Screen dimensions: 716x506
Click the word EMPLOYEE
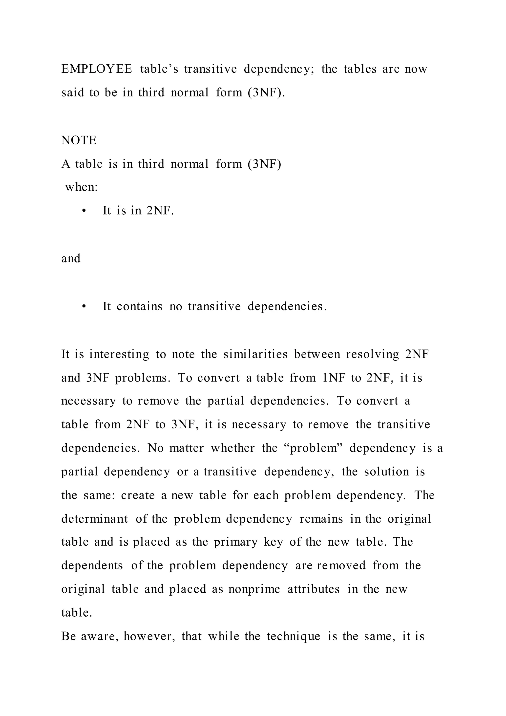click(97, 69)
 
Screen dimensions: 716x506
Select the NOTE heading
click(79, 140)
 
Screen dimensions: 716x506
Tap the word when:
click(81, 187)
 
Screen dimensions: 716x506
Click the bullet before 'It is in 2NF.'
click(84, 211)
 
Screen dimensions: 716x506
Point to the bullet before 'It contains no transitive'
click(84, 307)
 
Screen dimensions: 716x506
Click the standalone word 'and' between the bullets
click(71, 259)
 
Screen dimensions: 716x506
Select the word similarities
click(255, 354)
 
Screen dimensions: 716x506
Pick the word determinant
click(95, 519)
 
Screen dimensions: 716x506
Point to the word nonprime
click(254, 589)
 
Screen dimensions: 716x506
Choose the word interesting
click(119, 354)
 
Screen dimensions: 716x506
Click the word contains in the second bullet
click(139, 307)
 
